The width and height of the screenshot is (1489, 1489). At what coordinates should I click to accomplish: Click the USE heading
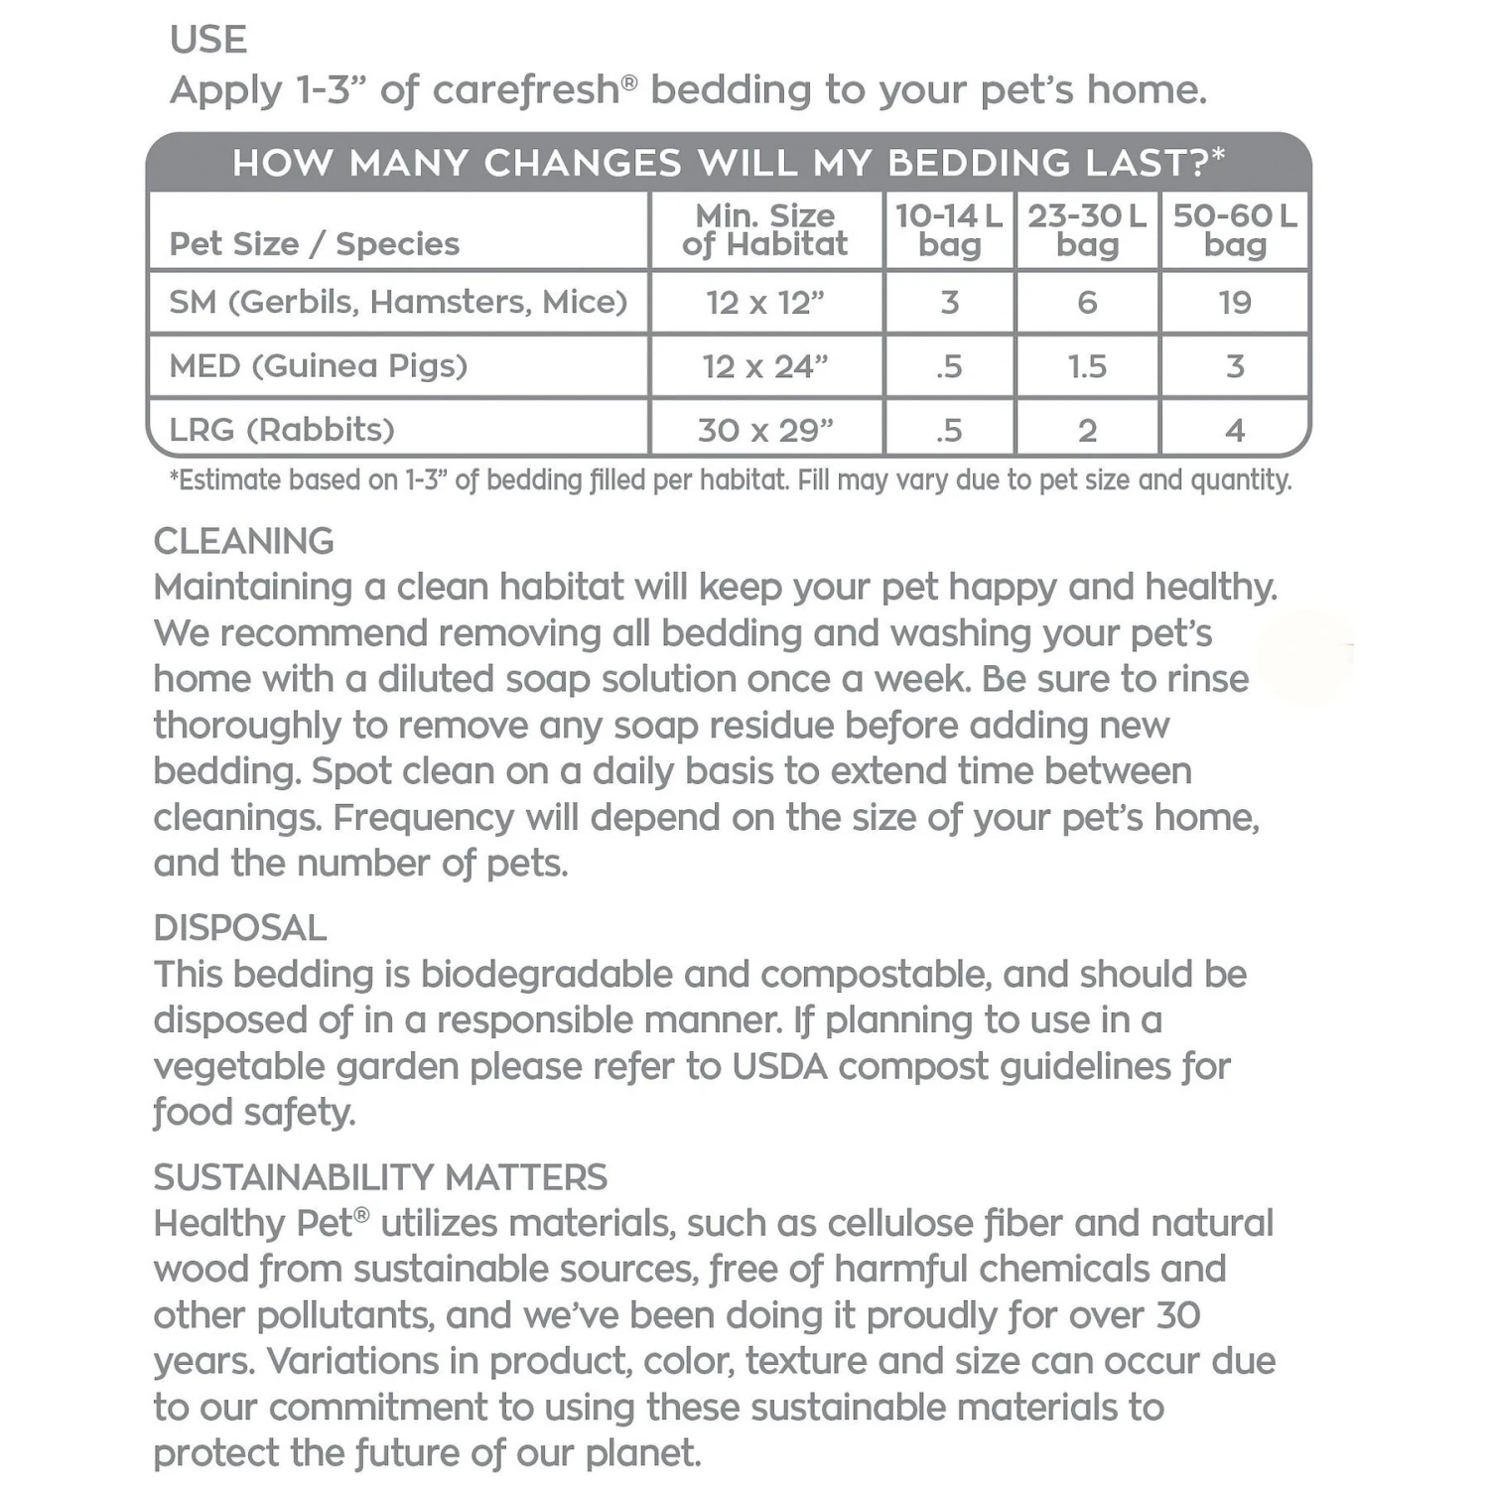(x=208, y=40)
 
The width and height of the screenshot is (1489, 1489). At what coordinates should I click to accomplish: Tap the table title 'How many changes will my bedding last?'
(x=729, y=163)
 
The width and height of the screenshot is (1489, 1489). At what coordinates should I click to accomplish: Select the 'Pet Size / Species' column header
(x=315, y=244)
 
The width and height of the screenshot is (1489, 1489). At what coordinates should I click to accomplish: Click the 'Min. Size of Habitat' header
(x=764, y=230)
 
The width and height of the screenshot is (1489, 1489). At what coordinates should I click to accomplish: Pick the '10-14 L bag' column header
(x=949, y=230)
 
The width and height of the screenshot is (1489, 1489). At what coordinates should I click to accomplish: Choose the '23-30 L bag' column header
(x=1087, y=230)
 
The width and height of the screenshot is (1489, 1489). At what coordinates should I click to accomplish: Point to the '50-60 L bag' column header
(x=1235, y=230)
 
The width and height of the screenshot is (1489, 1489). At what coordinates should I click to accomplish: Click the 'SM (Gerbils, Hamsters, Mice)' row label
(x=398, y=302)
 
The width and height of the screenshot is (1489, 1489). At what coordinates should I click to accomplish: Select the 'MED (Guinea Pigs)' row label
(x=318, y=366)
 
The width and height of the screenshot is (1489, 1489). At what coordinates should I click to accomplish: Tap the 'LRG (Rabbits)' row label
(x=282, y=430)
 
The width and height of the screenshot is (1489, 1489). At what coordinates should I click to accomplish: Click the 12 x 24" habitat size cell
(x=764, y=367)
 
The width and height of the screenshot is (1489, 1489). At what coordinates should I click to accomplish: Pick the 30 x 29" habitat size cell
(x=764, y=431)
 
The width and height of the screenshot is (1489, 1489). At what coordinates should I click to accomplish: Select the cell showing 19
(x=1235, y=303)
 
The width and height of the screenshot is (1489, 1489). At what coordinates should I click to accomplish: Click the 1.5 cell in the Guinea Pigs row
(x=1087, y=367)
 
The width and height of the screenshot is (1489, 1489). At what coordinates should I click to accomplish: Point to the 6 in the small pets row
(x=1087, y=303)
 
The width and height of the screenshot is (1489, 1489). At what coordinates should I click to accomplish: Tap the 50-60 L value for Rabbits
(x=1235, y=431)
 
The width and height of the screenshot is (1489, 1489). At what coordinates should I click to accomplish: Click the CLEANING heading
(x=244, y=541)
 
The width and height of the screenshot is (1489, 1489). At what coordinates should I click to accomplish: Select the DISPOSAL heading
(x=240, y=928)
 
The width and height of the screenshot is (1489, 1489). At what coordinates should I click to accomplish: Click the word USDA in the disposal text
(x=779, y=1066)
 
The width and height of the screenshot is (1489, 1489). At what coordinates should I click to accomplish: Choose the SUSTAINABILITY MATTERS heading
(x=380, y=1177)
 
